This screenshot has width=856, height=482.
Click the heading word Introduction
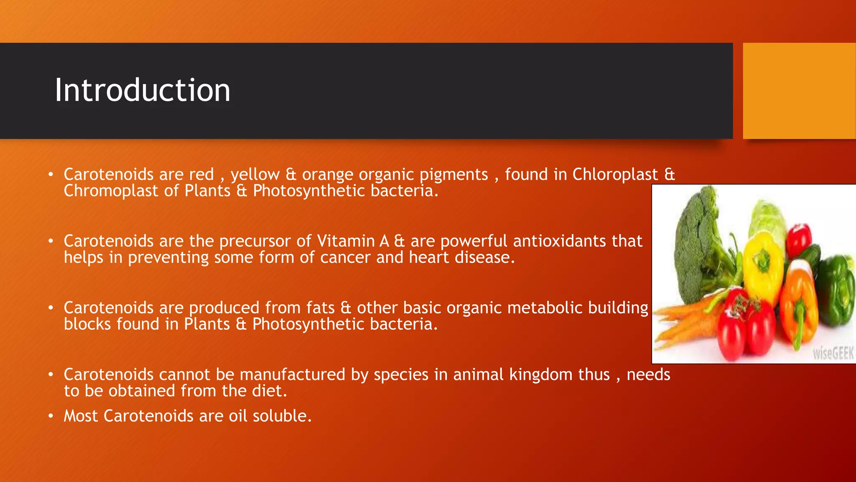[142, 90]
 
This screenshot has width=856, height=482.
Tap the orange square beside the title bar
[799, 90]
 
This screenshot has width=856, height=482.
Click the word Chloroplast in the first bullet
[615, 174]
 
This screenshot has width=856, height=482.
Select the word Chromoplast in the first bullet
[111, 191]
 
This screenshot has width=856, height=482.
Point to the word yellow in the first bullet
[255, 174]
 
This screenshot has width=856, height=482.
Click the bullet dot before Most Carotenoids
[51, 416]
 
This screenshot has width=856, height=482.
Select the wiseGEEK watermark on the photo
[833, 354]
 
